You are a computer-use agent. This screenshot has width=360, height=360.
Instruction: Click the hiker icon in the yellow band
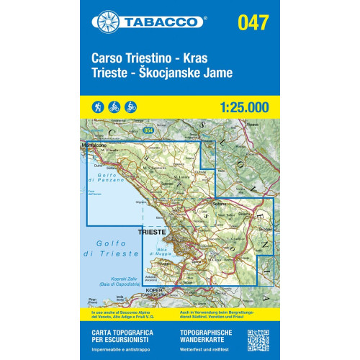pos(97,107)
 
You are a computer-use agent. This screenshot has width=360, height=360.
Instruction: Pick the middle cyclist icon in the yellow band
pos(114,107)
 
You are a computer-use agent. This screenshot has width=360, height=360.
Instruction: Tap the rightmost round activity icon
pos(130,107)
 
